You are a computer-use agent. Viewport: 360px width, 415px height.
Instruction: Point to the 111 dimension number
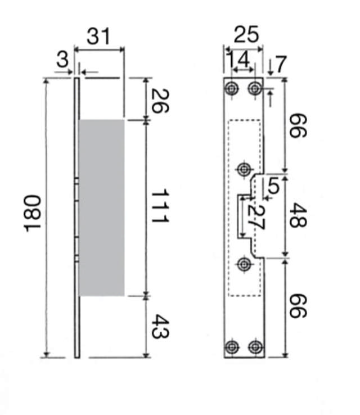(x=160, y=207)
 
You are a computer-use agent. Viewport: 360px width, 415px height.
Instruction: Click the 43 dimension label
(x=159, y=326)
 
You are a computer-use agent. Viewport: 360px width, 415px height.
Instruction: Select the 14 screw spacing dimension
(x=238, y=58)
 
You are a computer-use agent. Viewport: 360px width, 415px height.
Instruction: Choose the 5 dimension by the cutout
(x=273, y=186)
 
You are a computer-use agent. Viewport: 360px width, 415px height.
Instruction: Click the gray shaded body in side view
(x=101, y=207)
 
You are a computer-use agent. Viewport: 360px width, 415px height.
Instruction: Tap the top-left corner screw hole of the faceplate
(x=233, y=88)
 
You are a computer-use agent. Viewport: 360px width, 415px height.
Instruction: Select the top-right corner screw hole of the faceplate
(x=256, y=88)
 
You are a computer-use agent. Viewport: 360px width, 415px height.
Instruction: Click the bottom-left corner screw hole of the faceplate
(x=233, y=346)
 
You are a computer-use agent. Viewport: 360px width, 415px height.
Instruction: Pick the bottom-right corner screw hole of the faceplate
(x=256, y=346)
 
